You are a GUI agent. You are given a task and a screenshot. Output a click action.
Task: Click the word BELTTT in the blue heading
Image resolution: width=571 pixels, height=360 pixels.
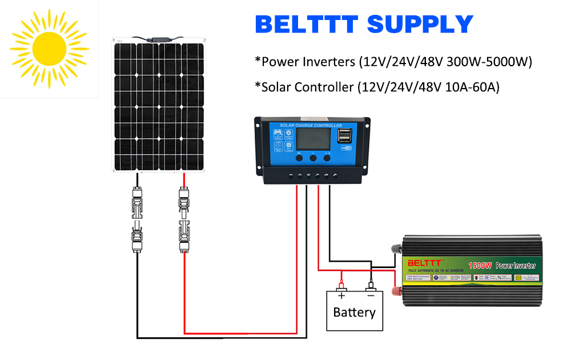(307, 25)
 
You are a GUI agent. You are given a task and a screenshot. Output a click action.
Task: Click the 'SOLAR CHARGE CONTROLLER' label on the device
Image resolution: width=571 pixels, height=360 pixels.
(311, 126)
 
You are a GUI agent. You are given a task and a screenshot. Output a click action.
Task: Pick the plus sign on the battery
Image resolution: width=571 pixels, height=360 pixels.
(341, 295)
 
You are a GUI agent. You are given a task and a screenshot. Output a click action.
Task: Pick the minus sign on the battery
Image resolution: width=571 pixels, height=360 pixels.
(370, 295)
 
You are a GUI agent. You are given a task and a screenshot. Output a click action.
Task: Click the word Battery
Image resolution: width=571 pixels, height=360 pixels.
(355, 313)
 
